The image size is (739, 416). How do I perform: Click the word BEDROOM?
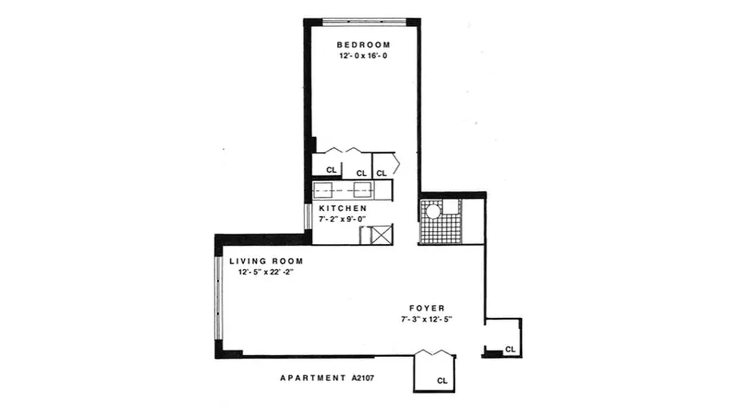click(363, 45)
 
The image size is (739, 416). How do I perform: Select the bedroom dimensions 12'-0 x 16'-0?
click(363, 56)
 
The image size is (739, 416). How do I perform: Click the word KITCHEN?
click(343, 208)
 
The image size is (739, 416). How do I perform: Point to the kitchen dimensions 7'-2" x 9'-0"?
click(343, 218)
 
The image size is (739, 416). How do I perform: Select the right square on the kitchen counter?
click(362, 190)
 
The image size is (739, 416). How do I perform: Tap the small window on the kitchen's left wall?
click(308, 216)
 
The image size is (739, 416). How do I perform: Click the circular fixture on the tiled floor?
click(433, 211)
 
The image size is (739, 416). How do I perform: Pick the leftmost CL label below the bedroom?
click(331, 170)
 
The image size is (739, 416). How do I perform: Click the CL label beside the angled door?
click(381, 173)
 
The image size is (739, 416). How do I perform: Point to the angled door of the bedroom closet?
click(397, 164)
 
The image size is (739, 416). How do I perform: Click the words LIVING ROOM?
click(266, 261)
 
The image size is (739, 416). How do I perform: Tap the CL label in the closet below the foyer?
click(442, 380)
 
